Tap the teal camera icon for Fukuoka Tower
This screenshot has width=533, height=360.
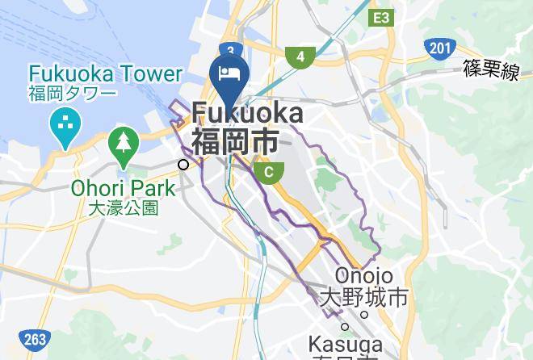[x=63, y=126]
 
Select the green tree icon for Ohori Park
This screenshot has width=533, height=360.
[x=123, y=143]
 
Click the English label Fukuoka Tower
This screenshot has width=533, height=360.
[x=105, y=75]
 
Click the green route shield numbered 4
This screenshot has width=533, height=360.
[x=300, y=57]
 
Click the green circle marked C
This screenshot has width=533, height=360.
[x=269, y=171]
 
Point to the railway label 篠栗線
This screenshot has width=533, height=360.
[x=490, y=71]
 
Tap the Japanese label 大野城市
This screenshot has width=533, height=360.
[x=363, y=297]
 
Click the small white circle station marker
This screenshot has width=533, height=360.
[x=183, y=165]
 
